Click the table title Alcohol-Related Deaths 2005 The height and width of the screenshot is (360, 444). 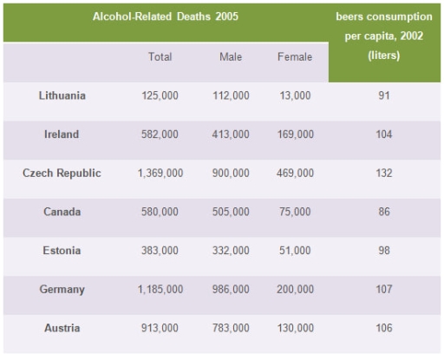pos(166,16)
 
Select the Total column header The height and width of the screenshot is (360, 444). pos(160,57)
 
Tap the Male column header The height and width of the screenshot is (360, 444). pos(231,57)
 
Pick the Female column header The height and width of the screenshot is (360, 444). pos(295,57)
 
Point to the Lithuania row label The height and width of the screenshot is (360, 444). pos(62,95)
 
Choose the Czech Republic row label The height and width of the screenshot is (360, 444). pos(62,173)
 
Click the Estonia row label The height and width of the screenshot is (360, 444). pos(62,251)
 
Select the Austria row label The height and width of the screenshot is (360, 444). pos(62,328)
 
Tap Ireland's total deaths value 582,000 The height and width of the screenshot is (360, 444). pos(160,134)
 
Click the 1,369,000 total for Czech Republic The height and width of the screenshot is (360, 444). pos(160,173)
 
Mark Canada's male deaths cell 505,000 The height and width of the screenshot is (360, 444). pos(231,212)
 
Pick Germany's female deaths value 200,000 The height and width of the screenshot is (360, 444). pos(295,289)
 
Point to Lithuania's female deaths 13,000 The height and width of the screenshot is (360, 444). pos(295,95)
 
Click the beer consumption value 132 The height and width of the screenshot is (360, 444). pos(383,173)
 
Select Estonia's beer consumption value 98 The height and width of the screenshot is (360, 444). pos(383,251)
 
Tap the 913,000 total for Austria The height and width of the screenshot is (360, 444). pos(160,328)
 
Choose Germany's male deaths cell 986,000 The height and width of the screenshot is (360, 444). pos(231,289)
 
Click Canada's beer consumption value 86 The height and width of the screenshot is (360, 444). pos(383,212)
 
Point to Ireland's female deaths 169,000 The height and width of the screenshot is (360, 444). pos(295,134)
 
